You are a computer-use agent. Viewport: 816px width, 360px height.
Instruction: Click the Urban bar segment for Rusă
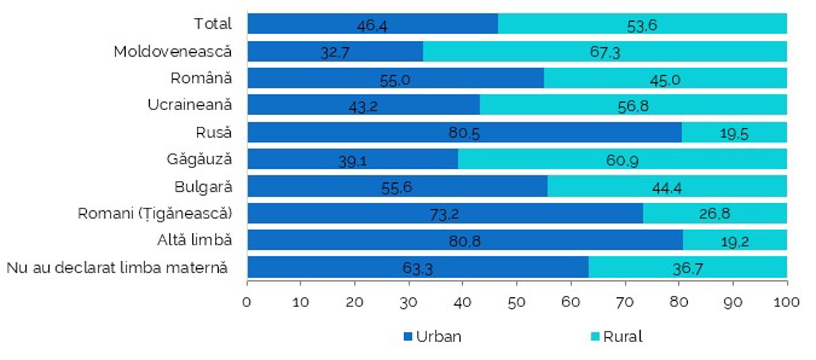[x=464, y=132]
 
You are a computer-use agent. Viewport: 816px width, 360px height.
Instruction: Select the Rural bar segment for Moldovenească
[x=604, y=51]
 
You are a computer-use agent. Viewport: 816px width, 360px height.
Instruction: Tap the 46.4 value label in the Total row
[x=372, y=26]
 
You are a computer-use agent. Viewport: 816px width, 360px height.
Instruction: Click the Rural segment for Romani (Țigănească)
[x=715, y=213]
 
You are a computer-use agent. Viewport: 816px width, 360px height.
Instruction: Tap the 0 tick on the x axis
[x=247, y=301]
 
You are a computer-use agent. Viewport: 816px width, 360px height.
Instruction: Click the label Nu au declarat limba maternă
[x=117, y=267]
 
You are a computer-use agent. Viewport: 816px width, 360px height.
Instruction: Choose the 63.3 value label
[x=418, y=269]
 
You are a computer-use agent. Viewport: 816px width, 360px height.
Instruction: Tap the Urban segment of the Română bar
[x=395, y=78]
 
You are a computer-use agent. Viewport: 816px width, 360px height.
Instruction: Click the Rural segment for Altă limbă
[x=734, y=240]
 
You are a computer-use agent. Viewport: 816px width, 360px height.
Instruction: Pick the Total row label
[x=213, y=24]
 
